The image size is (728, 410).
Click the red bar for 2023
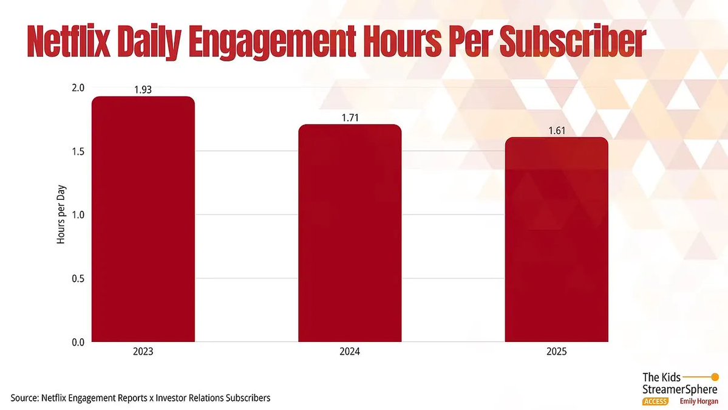[x=143, y=219]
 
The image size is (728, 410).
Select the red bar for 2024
[x=350, y=233]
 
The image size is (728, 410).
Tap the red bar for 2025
[x=556, y=239]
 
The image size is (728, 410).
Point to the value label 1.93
[x=143, y=90]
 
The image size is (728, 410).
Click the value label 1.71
[x=350, y=118]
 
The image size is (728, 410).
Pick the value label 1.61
[x=556, y=131]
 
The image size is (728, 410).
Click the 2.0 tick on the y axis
[x=77, y=87]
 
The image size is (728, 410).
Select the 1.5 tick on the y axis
[x=77, y=151]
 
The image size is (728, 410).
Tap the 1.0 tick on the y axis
[x=77, y=215]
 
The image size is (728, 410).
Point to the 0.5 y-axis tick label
[x=77, y=279]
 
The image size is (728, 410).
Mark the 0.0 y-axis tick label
[x=77, y=342]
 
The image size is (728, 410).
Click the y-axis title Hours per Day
[x=61, y=215]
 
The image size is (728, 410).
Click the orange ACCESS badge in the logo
[x=655, y=401]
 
